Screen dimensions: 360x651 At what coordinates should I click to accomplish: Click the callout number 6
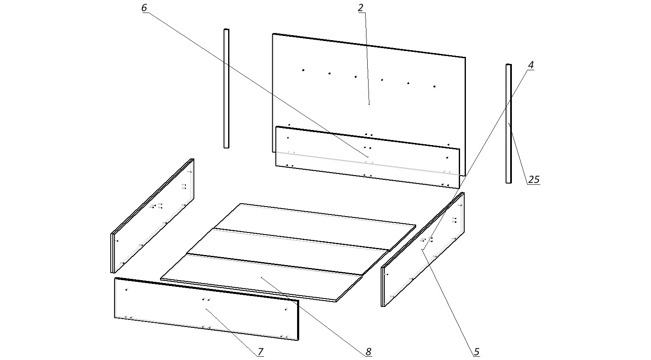click(x=144, y=8)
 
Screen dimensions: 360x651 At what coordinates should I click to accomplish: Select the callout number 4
click(x=531, y=65)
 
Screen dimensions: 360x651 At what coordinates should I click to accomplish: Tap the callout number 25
click(x=534, y=180)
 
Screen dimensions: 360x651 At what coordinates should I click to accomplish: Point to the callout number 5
click(x=477, y=352)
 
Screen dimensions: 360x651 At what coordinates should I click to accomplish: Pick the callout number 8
click(x=368, y=352)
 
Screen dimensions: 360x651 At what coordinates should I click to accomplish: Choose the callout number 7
click(x=260, y=352)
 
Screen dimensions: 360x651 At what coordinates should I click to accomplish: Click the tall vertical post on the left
click(x=226, y=88)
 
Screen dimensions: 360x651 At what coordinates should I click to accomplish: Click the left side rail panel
click(x=153, y=215)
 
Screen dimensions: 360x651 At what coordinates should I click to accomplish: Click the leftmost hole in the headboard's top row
click(x=303, y=70)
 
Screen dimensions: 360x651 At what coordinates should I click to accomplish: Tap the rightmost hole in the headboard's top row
click(x=435, y=86)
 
